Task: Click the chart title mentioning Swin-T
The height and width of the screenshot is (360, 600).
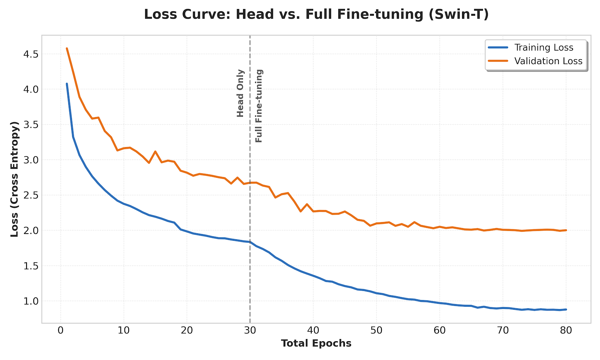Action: [316, 14]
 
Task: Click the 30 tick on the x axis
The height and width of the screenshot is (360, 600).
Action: [250, 331]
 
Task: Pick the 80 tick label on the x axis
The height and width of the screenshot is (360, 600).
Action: [566, 331]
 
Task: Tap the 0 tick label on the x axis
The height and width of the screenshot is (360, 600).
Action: [60, 331]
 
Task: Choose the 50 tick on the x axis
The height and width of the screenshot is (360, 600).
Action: [376, 331]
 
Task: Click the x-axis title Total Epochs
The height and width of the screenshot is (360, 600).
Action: [316, 343]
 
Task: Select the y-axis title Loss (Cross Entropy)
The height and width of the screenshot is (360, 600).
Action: [15, 179]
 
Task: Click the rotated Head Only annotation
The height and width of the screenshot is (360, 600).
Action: [240, 93]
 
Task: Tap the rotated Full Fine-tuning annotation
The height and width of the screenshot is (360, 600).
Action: [259, 106]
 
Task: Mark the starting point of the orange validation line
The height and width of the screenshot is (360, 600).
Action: [67, 48]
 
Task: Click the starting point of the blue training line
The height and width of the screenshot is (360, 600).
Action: [67, 84]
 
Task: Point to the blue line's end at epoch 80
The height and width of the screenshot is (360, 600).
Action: [566, 309]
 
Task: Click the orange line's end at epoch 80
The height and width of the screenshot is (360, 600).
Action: [566, 230]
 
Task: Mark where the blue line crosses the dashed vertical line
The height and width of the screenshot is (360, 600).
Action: [250, 242]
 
